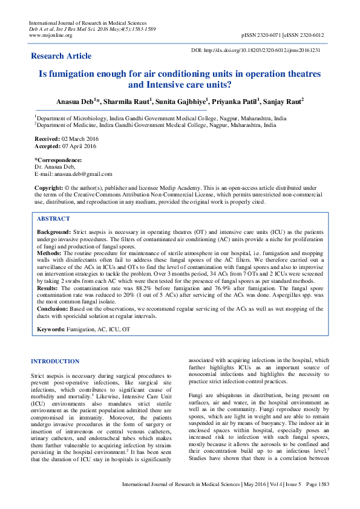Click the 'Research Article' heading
[61, 56]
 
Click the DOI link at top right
[264, 50]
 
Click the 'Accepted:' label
[48, 146]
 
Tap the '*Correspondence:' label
[58, 160]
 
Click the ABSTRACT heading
[54, 218]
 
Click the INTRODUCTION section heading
[54, 361]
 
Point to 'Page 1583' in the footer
[317, 501]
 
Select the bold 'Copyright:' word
[50, 188]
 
